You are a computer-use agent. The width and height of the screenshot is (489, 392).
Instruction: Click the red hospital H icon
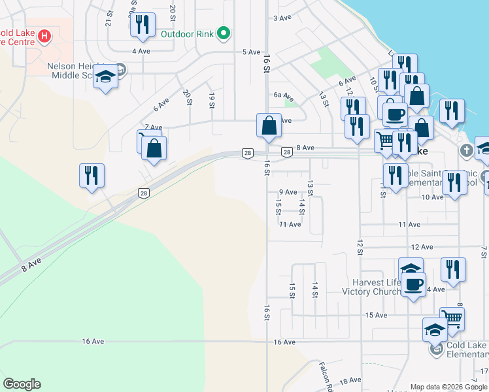pyautogui.click(x=44, y=35)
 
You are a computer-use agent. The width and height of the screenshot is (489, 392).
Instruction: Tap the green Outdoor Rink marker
pyautogui.click(x=224, y=33)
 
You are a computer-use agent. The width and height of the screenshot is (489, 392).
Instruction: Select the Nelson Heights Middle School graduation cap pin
pyautogui.click(x=105, y=77)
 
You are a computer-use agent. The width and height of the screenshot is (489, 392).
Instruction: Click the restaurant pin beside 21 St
pyautogui.click(x=141, y=25)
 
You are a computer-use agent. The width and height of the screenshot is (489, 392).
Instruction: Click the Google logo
pyautogui.click(x=22, y=384)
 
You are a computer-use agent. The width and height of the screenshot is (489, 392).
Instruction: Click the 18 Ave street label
pyautogui.click(x=350, y=380)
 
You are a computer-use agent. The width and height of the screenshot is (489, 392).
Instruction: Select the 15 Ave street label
pyautogui.click(x=376, y=315)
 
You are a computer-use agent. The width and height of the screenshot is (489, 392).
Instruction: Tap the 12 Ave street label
pyautogui.click(x=422, y=247)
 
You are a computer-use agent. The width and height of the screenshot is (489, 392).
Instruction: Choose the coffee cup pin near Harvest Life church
pyautogui.click(x=413, y=284)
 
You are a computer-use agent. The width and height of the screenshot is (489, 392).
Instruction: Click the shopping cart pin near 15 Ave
pyautogui.click(x=452, y=319)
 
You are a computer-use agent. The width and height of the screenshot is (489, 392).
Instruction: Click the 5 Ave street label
pyautogui.click(x=252, y=52)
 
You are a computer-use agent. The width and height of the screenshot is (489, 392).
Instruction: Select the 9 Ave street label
pyautogui.click(x=288, y=192)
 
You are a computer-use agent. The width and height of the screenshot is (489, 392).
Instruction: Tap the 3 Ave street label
pyautogui.click(x=282, y=18)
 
